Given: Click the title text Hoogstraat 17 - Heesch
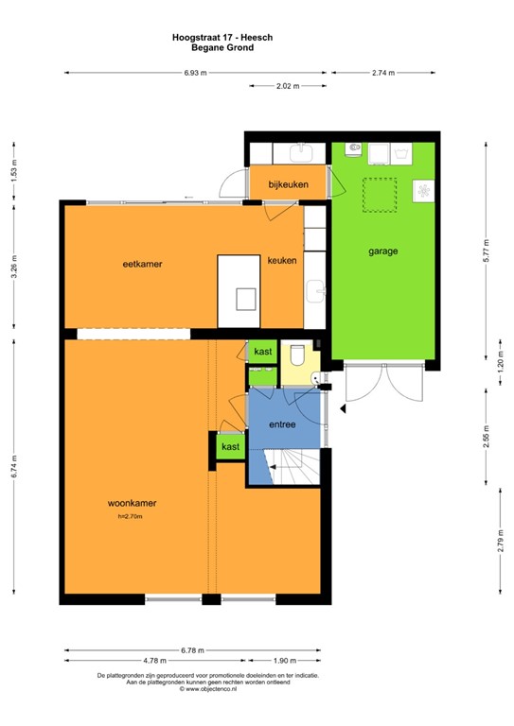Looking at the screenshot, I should click(x=209, y=37).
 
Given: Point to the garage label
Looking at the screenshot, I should click(x=382, y=251).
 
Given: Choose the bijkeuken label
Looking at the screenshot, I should click(x=288, y=183).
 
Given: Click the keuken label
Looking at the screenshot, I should click(x=282, y=260).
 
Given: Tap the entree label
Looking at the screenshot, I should click(x=282, y=424).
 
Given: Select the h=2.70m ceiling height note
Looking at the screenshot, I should click(x=130, y=516).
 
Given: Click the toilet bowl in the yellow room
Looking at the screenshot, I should click(x=297, y=356).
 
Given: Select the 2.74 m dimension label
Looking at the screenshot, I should click(x=382, y=72).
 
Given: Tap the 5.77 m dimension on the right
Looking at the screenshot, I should click(x=486, y=254).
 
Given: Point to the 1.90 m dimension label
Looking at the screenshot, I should click(x=275, y=661).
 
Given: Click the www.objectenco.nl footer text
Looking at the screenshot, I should click(x=209, y=689).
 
